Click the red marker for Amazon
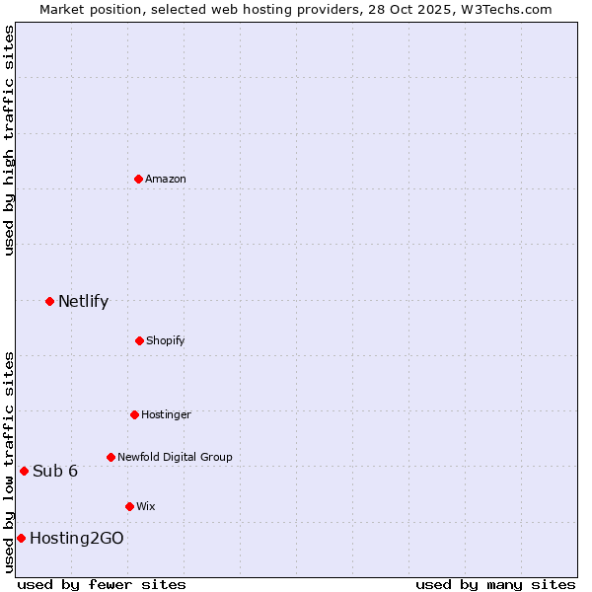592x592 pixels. point(139,179)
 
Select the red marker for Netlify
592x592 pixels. point(49,301)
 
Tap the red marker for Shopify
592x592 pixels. point(139,340)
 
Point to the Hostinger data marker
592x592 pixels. point(134,414)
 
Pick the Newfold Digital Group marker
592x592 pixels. point(111,457)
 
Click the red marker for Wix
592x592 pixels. point(129,506)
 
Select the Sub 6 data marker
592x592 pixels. point(24,471)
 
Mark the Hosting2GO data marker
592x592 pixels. point(21,538)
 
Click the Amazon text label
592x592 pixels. point(166,179)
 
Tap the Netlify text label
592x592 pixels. point(83,301)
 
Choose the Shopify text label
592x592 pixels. point(165,340)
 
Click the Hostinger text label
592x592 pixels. point(166,414)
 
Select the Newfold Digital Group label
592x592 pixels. point(175,457)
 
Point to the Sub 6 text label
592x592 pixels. point(55,471)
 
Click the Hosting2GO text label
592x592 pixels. point(77,538)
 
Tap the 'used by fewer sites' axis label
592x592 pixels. point(102,584)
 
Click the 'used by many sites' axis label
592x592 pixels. point(495,584)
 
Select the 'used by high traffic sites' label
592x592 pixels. point(9,140)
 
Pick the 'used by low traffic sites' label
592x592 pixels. point(9,462)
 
